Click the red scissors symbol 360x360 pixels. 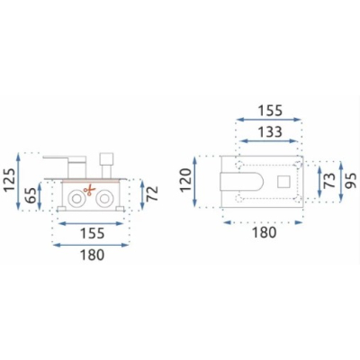pyautogui.click(x=89, y=191)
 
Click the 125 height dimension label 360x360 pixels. pyautogui.click(x=10, y=180)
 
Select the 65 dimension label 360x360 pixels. pyautogui.click(x=31, y=194)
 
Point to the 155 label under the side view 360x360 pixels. pyautogui.click(x=93, y=233)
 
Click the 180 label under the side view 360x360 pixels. pyautogui.click(x=92, y=256)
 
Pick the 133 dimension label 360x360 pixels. pyautogui.click(x=270, y=132)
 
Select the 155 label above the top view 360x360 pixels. pyautogui.click(x=270, y=111)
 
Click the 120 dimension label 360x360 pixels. pyautogui.click(x=186, y=180)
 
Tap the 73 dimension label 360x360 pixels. pyautogui.click(x=330, y=180)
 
